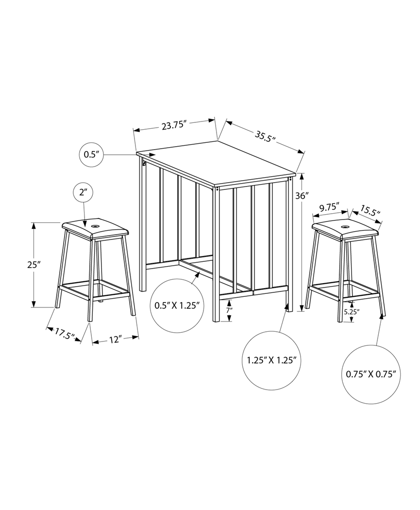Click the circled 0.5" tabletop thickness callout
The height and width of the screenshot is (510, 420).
[x=91, y=154]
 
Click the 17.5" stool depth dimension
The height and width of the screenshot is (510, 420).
[x=64, y=334]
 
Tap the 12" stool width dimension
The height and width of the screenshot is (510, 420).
[x=114, y=340]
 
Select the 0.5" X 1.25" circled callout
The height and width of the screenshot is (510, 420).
[x=176, y=306]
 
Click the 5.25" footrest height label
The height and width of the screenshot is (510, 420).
[x=351, y=312]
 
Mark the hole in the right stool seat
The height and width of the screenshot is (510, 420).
[x=346, y=226]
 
